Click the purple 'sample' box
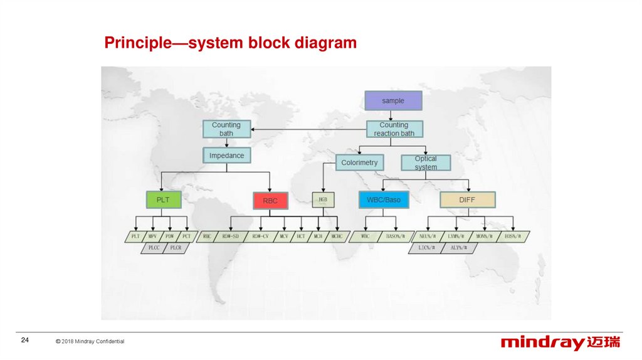point(393,100)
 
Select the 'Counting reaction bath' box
point(394,129)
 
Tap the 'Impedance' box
point(226,156)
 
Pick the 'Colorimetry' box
point(359,162)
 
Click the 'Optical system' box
point(426,163)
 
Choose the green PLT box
point(163,200)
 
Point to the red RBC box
point(270,201)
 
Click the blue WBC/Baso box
point(384,200)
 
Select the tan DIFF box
point(467,200)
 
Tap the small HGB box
point(323,200)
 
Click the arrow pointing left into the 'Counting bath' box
point(255,130)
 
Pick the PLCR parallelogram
point(175,248)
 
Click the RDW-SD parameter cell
point(228,236)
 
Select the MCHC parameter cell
point(337,236)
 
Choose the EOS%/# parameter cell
point(512,236)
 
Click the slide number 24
point(25,340)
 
